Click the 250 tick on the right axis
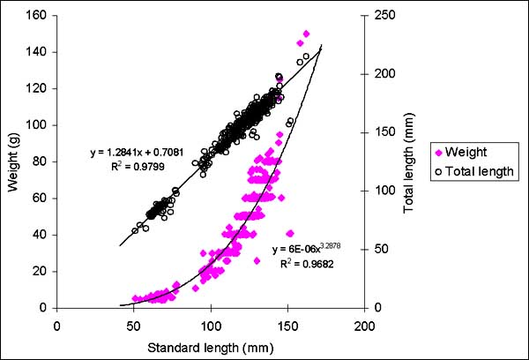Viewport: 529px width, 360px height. click(378, 14)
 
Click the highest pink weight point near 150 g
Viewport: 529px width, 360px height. click(306, 34)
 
